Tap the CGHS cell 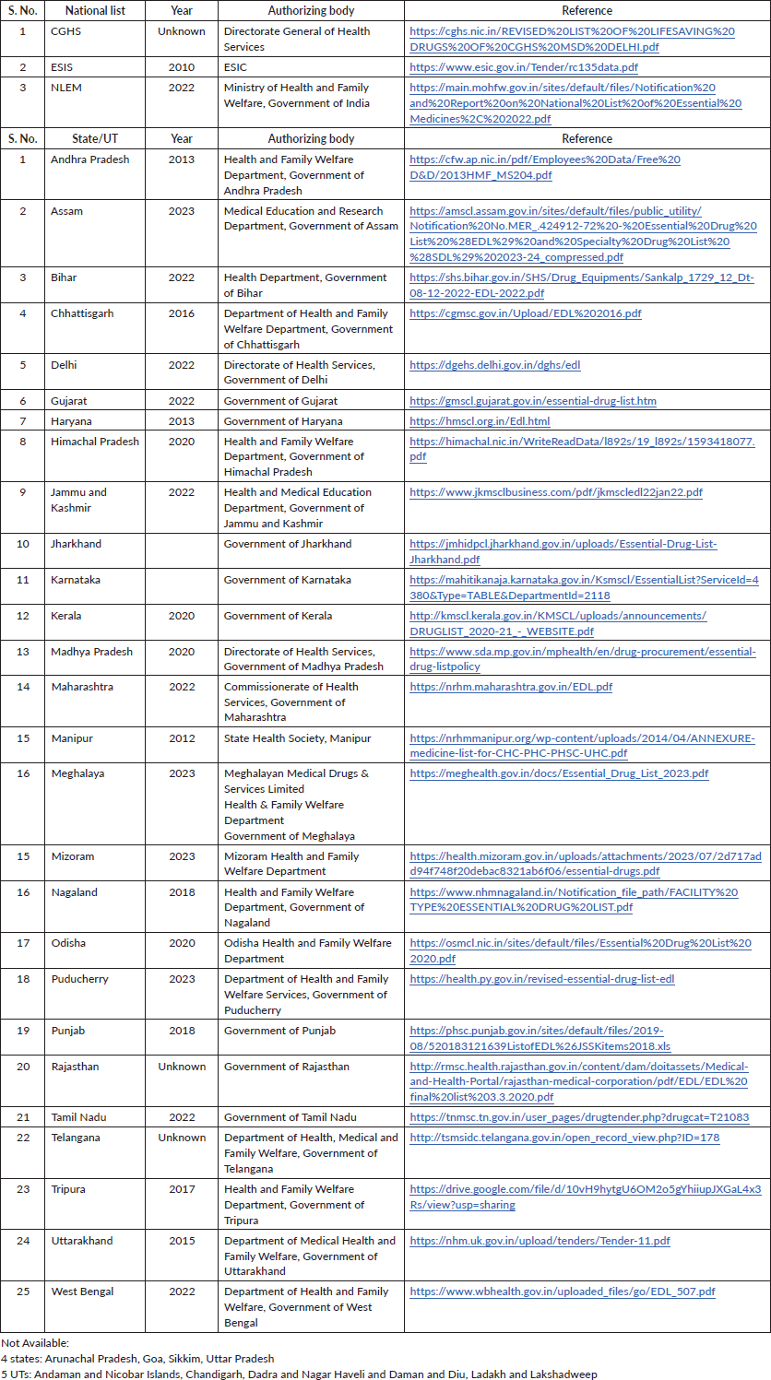66,31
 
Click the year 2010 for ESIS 182,67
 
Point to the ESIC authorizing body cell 237,67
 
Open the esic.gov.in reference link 523,67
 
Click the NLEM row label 66,88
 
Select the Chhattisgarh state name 82,313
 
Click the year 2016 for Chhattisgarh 182,313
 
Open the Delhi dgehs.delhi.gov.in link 494,365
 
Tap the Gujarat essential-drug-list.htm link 533,401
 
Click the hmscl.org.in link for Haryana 480,421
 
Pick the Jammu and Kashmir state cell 78,500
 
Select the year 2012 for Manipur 182,738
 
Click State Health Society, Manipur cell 297,738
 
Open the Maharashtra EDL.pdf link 511,687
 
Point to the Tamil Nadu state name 79,1117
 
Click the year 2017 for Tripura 182,1189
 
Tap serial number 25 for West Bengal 23,1292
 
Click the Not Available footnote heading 35,1343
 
